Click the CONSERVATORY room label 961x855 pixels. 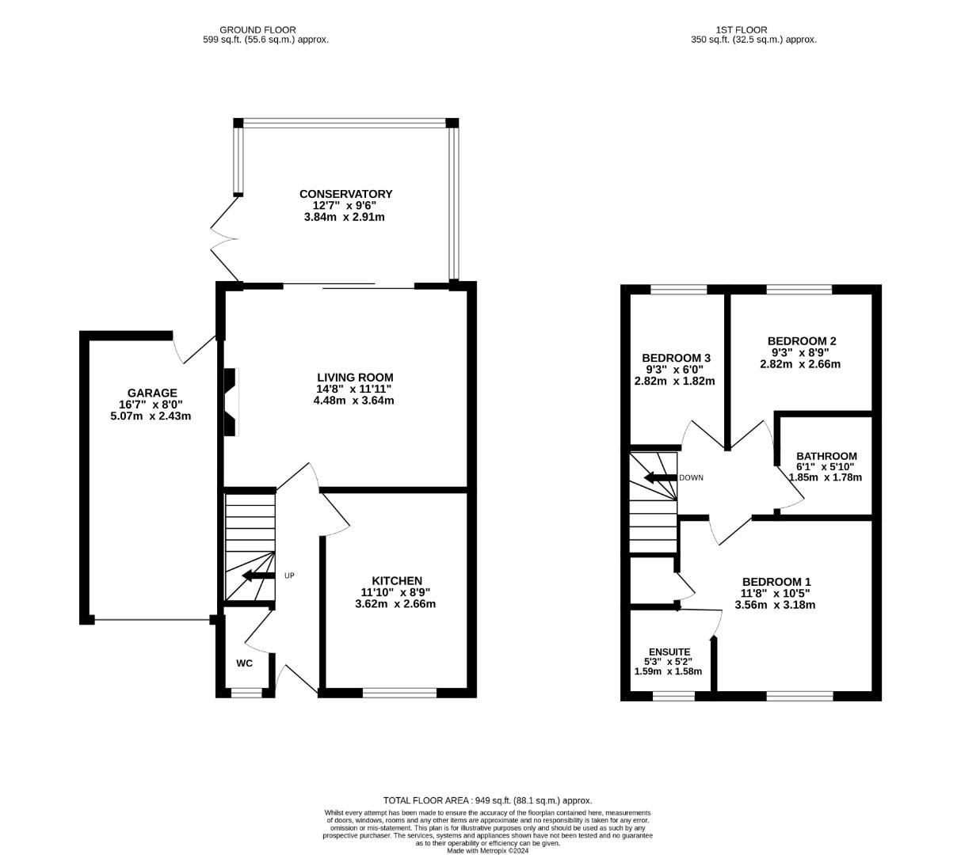click(x=345, y=194)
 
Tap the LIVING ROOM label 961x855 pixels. click(x=355, y=378)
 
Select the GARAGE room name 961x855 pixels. click(x=152, y=393)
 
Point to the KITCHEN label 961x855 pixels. click(x=397, y=580)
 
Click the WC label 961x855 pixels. click(x=245, y=663)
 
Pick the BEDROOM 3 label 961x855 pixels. click(x=676, y=358)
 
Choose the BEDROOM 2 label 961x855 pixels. click(x=802, y=340)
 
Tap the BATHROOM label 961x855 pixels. click(x=827, y=456)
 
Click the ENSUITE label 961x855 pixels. click(x=669, y=652)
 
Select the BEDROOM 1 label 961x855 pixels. click(x=776, y=582)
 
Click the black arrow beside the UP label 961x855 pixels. click(x=258, y=576)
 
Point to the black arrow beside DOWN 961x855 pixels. click(x=660, y=477)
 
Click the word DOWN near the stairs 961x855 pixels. click(x=691, y=477)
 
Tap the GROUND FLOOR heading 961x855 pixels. click(x=257, y=30)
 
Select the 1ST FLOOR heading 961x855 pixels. click(x=742, y=30)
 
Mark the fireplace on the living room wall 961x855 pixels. click(x=231, y=402)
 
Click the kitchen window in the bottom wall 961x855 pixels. click(x=399, y=693)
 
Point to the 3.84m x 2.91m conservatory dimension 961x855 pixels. click(x=344, y=217)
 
